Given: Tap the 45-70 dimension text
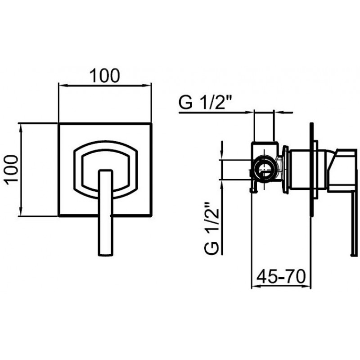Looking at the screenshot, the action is click(281, 276).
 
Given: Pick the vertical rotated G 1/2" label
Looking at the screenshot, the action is click(211, 228).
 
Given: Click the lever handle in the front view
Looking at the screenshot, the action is click(106, 212).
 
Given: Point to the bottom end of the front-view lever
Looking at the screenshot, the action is click(106, 256).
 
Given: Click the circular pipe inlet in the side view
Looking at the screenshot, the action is click(265, 170).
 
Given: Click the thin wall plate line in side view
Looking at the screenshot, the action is click(311, 170).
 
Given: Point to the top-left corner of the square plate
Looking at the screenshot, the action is click(58, 124).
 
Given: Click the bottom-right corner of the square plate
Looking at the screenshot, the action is click(151, 216).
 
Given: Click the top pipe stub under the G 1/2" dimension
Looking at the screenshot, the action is click(264, 126).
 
